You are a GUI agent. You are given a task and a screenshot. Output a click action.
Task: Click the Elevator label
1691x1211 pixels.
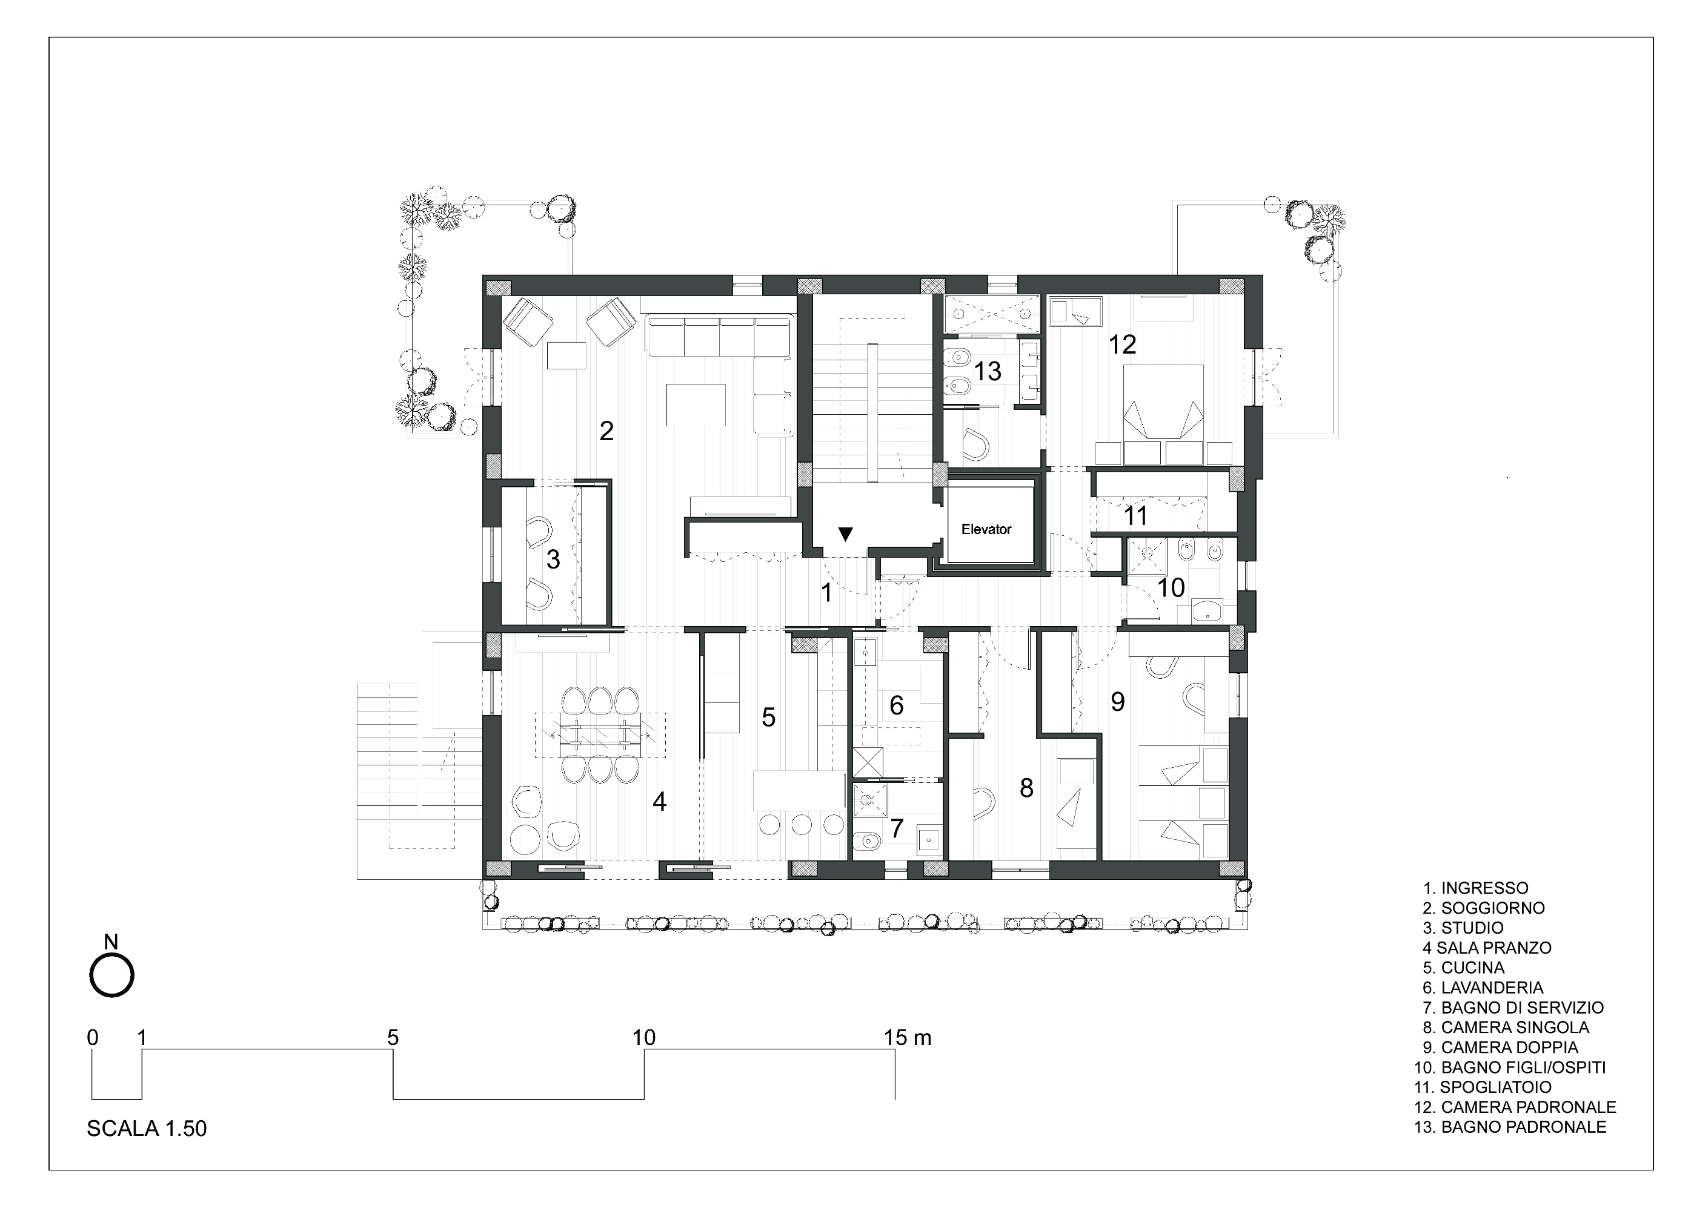coord(986,529)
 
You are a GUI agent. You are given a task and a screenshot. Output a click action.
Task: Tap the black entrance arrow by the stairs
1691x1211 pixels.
coord(845,533)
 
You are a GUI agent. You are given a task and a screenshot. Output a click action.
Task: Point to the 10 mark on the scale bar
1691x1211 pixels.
coord(643,1037)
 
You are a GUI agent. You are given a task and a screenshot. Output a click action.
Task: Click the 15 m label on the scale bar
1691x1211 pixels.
coord(908,1037)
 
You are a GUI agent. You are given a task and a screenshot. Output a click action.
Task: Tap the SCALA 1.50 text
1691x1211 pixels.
coord(147,1128)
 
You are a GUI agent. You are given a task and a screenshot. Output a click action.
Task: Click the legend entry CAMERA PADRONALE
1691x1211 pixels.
coord(1515,1107)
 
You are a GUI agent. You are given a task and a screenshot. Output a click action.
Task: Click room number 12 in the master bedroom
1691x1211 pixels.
coord(1122,345)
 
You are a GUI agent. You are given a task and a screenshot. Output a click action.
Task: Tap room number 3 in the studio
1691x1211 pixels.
coord(553,559)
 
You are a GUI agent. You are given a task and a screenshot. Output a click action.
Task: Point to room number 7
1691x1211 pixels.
coord(897,827)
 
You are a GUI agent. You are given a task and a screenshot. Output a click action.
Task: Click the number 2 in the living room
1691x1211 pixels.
coord(606,430)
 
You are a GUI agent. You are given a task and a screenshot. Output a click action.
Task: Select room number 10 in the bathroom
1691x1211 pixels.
coord(1171,587)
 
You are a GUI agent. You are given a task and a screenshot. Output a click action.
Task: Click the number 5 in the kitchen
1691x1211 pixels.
coord(769,717)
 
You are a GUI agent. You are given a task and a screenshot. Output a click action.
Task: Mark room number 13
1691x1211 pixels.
coord(988,371)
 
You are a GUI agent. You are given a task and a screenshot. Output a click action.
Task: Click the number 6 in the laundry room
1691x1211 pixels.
coord(896,705)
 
